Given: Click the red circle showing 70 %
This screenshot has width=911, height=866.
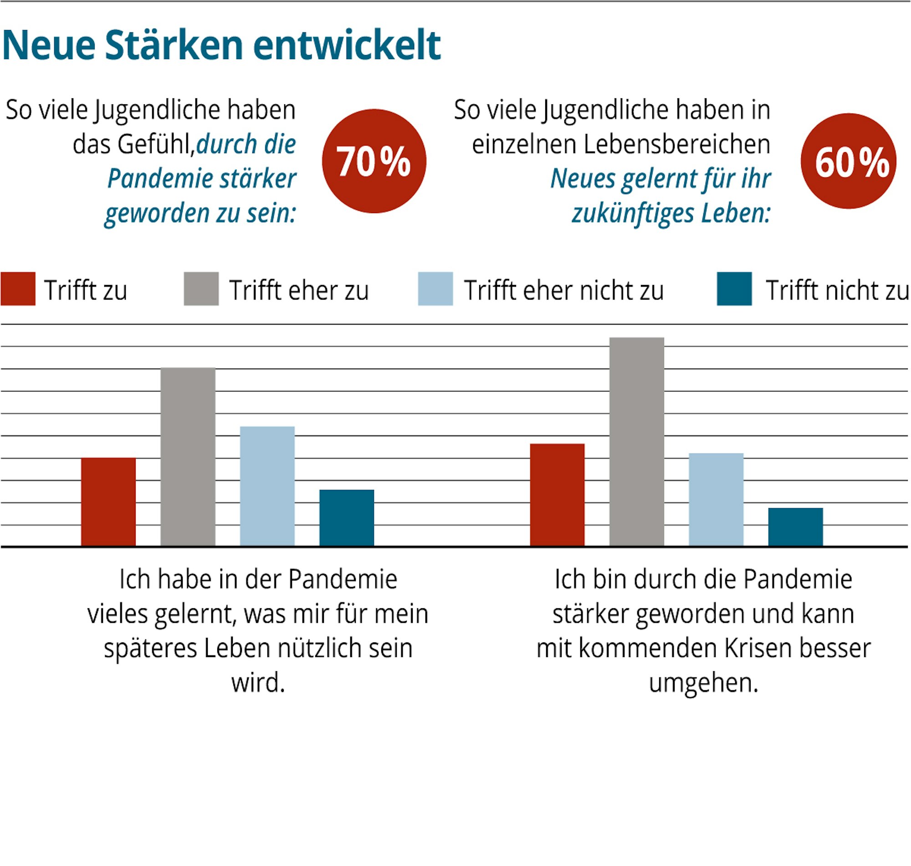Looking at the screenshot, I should point(374,161).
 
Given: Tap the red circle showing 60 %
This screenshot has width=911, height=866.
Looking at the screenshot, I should point(848,161).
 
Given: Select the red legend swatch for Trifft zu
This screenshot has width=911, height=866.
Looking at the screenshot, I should point(18,289).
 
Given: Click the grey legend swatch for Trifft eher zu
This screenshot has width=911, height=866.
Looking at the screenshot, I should point(201,289).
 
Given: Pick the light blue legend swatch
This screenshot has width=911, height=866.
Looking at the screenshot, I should point(435,289).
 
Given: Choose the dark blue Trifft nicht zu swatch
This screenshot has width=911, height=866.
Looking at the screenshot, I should point(734,289).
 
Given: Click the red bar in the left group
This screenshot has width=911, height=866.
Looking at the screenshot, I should point(108,502).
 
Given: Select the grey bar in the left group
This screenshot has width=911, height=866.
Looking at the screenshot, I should point(188,457).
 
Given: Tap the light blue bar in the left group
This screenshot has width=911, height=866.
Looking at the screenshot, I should point(267,486).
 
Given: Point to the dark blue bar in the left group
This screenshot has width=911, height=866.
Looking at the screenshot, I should point(347,518).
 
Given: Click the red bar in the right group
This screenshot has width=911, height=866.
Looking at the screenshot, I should point(557,495).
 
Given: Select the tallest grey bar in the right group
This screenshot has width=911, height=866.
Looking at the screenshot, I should point(636,442).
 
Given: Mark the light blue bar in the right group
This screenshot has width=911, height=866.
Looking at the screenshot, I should point(716,499).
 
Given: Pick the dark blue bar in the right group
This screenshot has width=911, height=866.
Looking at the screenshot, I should point(795,527).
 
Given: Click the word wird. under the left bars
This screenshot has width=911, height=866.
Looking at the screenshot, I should point(258,682).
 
